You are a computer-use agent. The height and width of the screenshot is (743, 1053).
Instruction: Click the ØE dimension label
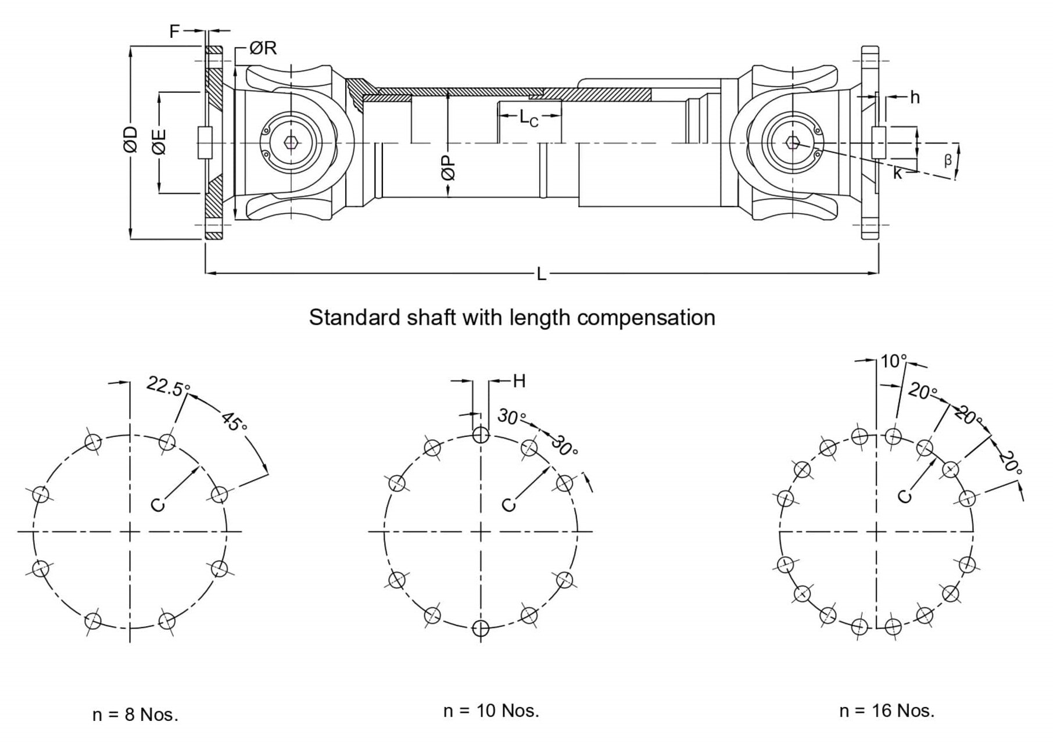click(x=160, y=141)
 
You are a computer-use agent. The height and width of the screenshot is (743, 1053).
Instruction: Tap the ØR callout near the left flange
click(x=263, y=48)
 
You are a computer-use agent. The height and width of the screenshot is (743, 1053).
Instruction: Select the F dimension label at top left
click(x=174, y=31)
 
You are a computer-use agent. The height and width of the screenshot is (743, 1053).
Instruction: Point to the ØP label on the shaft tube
click(x=448, y=168)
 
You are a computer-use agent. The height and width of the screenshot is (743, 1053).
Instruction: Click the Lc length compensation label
click(x=529, y=118)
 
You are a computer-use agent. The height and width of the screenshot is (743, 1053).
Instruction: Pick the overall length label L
click(x=541, y=274)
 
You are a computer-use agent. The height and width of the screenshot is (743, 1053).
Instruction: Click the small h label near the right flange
click(x=915, y=98)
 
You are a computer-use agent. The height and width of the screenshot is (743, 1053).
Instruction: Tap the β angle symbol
click(x=947, y=160)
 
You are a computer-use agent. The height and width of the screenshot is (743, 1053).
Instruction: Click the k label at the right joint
click(x=898, y=173)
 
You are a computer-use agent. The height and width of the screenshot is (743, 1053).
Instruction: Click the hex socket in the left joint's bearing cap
click(x=290, y=143)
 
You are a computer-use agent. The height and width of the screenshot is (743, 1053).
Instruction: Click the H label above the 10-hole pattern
click(x=519, y=381)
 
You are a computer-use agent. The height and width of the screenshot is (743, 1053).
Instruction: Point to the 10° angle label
click(x=893, y=361)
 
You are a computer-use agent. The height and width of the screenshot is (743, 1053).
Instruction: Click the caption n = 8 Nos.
click(x=135, y=715)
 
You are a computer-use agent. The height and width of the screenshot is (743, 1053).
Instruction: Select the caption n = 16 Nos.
click(x=887, y=710)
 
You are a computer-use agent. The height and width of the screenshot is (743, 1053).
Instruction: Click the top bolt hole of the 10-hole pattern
click(x=481, y=435)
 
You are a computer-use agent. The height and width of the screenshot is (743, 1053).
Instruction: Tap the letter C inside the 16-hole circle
click(x=905, y=496)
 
